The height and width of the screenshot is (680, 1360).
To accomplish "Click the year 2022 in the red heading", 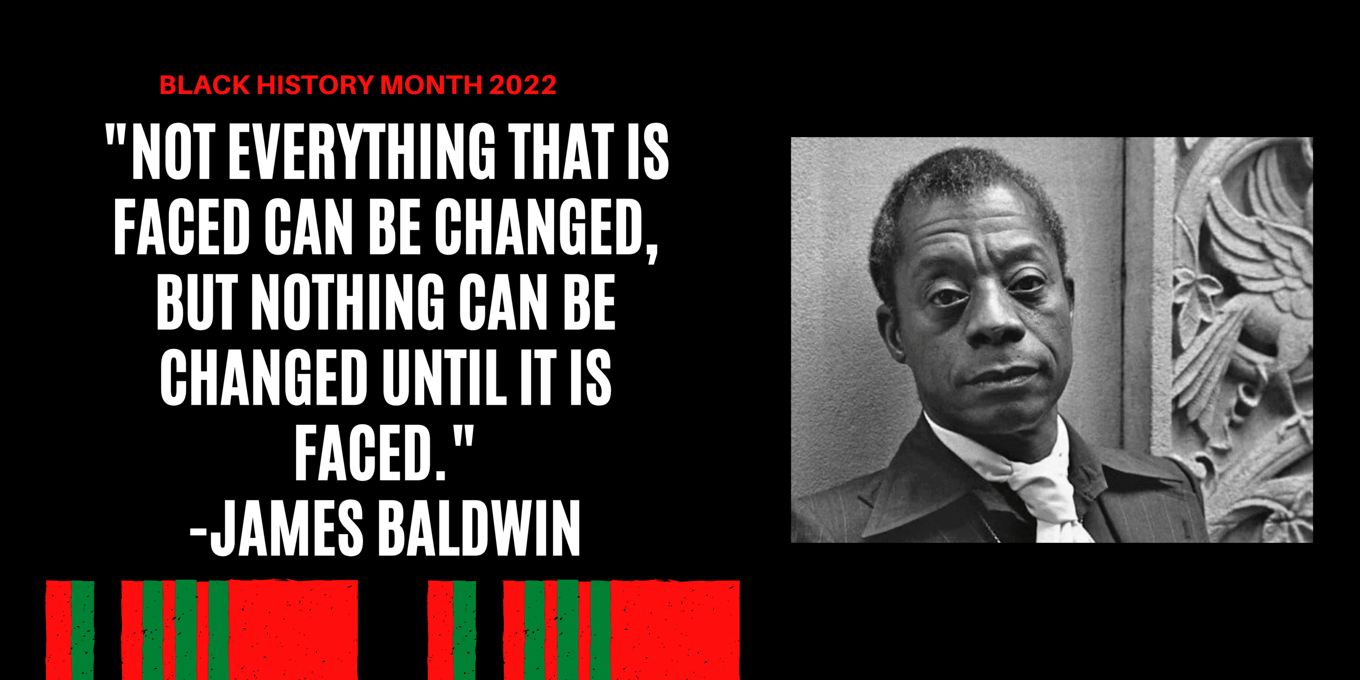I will pyautogui.click(x=522, y=85).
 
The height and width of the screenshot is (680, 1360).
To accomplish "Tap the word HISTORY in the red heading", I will pyautogui.click(x=315, y=85).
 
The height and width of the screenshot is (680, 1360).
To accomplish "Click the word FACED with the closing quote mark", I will pyautogui.click(x=370, y=454).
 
